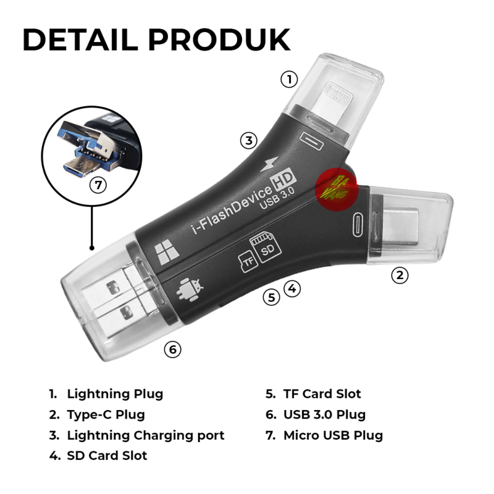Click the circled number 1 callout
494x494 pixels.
click(289, 80)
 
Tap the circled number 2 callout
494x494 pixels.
click(400, 275)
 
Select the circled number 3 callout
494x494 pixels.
click(249, 141)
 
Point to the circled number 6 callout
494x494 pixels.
click(173, 350)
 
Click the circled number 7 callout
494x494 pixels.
click(98, 185)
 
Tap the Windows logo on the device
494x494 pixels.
click(167, 251)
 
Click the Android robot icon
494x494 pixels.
click(190, 290)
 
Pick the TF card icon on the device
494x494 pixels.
click(248, 261)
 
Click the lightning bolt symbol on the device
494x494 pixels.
click(270, 164)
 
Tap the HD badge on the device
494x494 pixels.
click(283, 180)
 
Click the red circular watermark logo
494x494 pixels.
click(336, 190)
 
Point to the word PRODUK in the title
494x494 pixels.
click(219, 40)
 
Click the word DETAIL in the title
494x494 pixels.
click(80, 40)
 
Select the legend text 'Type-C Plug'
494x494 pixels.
click(106, 414)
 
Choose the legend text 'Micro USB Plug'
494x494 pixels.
click(333, 435)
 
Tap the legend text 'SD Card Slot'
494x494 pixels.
click(107, 456)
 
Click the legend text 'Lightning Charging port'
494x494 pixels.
click(146, 435)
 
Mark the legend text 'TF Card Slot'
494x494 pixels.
click(322, 394)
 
